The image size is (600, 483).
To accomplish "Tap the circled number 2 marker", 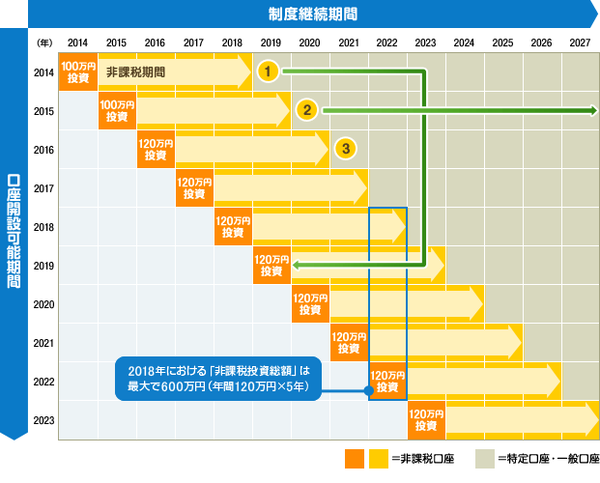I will click(x=306, y=109).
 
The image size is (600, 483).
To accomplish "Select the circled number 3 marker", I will click(x=345, y=148).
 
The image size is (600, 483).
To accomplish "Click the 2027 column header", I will click(x=580, y=43).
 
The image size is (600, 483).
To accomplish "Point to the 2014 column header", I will click(x=78, y=43).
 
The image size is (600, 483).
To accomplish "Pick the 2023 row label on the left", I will click(x=43, y=420).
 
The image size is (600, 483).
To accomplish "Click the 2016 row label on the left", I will click(x=43, y=150).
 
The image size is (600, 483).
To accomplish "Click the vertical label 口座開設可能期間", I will click(x=14, y=232).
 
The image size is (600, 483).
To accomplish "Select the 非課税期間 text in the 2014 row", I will click(x=135, y=72).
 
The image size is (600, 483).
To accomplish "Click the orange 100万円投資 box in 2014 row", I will click(x=78, y=72).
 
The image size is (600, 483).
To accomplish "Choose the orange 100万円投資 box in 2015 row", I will click(x=117, y=111).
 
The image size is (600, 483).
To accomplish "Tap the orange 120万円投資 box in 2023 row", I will click(x=426, y=420).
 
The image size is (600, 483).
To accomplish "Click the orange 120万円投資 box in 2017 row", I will click(x=194, y=188).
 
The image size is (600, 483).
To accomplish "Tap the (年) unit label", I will click(x=43, y=43).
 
